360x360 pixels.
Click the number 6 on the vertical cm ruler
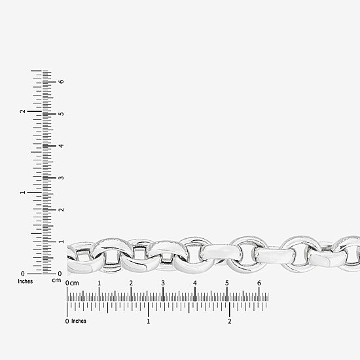61,82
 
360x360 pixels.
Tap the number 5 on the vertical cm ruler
61,114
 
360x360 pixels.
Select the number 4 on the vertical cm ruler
61,146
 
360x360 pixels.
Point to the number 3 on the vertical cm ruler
61,178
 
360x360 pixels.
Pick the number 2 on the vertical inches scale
22,111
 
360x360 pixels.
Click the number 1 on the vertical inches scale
22,192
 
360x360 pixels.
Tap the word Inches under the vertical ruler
26,281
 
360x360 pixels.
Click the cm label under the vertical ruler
56,280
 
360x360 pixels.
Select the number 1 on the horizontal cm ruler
99,283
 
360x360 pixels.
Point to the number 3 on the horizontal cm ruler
163,283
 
